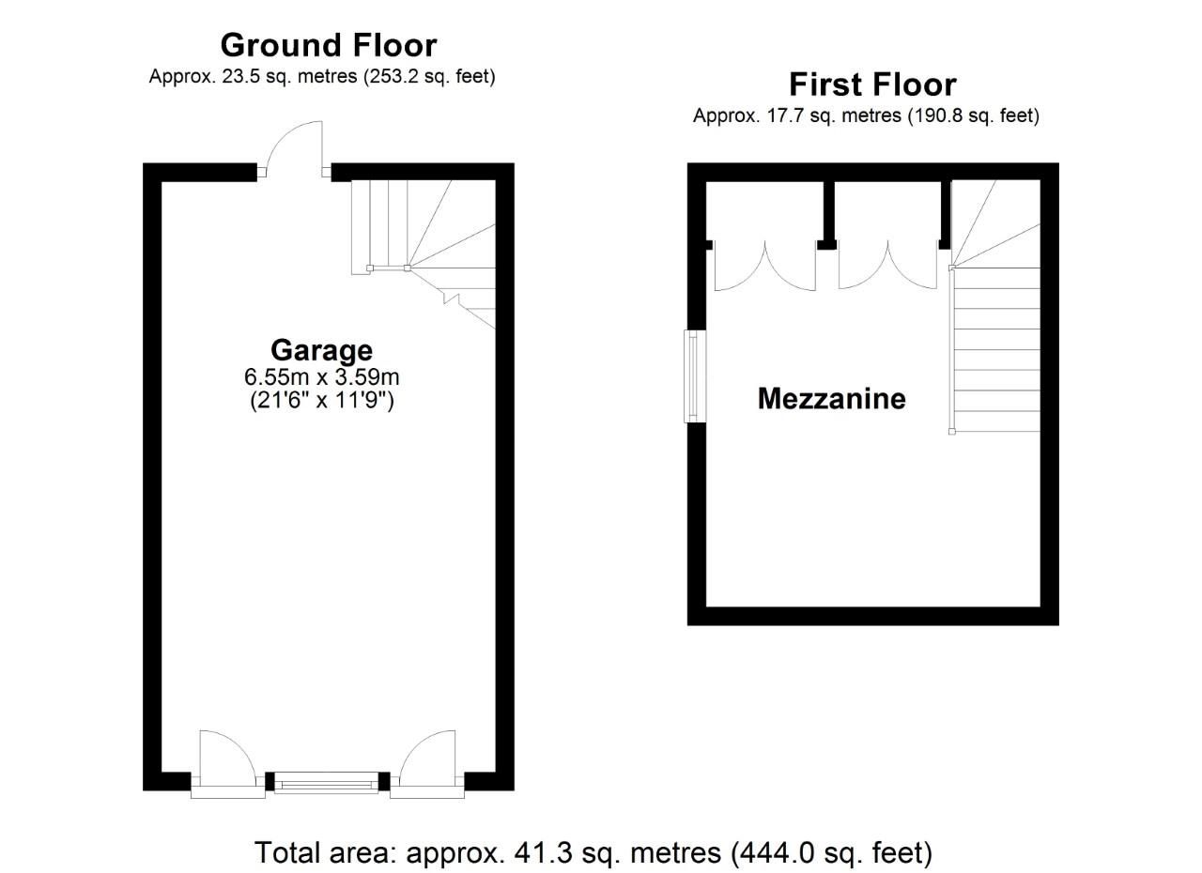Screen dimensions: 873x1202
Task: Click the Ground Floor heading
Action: (328, 44)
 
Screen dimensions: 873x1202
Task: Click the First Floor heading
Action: (871, 84)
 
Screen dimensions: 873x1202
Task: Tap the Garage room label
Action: (321, 350)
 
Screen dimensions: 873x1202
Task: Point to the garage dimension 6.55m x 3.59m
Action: (321, 377)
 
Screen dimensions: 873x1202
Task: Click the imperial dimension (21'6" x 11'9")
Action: (321, 401)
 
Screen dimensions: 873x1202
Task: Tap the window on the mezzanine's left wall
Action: (696, 375)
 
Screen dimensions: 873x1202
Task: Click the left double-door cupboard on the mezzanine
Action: (764, 265)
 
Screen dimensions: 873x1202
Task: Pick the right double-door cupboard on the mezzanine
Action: (886, 265)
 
